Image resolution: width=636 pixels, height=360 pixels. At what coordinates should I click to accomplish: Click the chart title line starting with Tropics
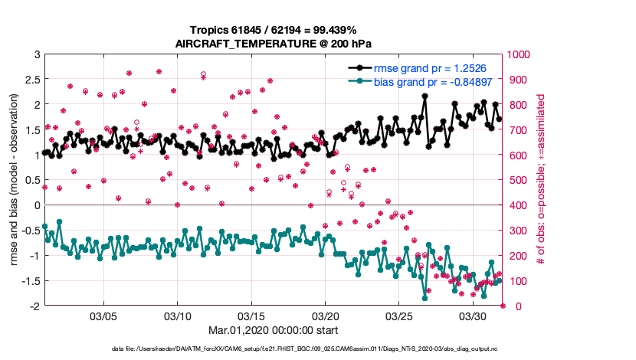coord(274,29)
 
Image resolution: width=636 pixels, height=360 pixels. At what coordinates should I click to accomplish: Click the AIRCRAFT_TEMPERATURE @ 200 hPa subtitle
coord(274,43)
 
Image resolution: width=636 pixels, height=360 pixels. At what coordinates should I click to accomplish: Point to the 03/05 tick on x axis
coord(103,316)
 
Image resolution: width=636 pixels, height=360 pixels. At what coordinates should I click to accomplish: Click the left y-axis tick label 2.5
coord(31,80)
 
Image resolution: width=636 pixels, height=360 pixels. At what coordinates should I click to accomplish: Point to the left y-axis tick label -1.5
coord(29,281)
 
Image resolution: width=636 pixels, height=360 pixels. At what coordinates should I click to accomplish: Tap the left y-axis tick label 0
coord(36,205)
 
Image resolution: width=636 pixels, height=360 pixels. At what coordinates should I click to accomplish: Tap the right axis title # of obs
coord(540,180)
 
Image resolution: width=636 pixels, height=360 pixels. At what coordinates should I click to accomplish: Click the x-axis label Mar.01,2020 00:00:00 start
coord(274,332)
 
